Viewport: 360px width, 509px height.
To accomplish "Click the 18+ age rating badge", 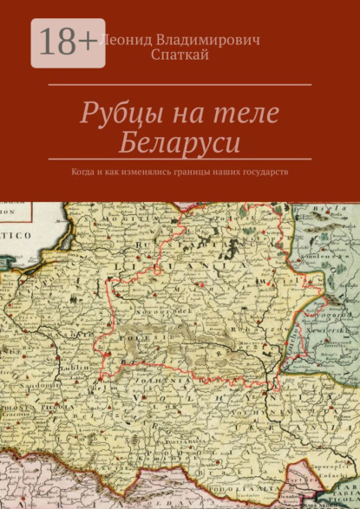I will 68,42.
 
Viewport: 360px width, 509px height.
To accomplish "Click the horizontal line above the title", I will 180,84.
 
